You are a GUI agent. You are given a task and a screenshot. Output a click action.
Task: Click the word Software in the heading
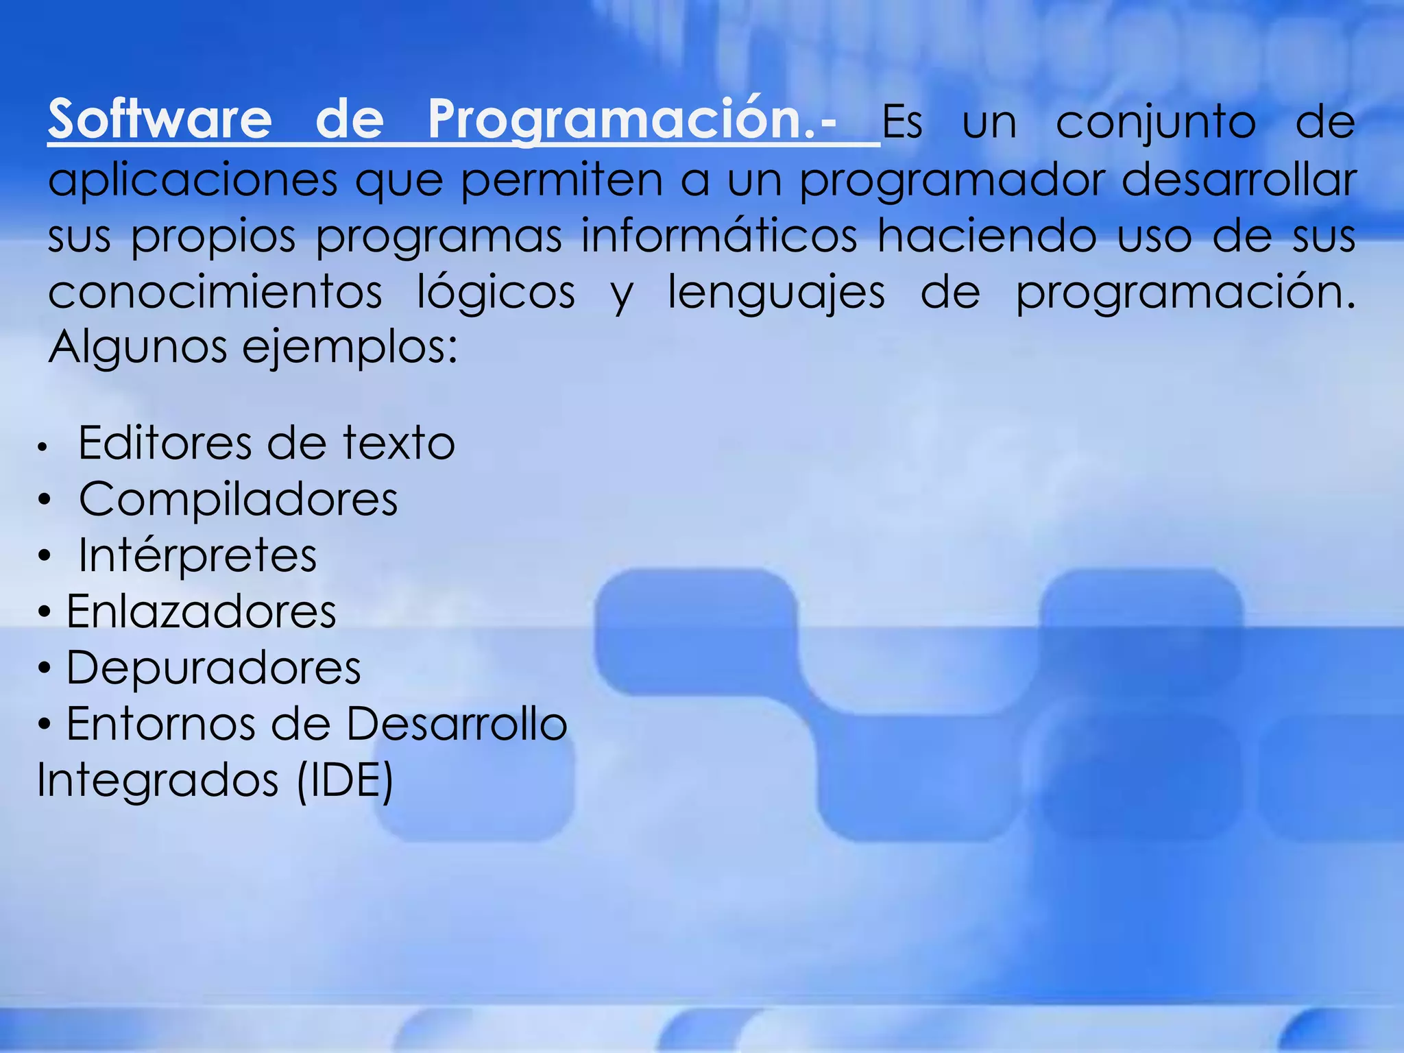(x=160, y=120)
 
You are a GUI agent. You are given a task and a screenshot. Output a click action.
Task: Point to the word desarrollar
(x=1238, y=180)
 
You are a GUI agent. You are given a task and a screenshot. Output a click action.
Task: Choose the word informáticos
(x=719, y=237)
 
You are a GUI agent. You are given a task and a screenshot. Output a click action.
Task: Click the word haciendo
(x=987, y=237)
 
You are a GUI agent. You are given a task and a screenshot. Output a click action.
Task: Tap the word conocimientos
(x=215, y=293)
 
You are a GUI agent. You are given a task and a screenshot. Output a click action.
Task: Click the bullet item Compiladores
(x=238, y=499)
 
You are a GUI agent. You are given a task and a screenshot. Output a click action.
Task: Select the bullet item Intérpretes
(x=197, y=555)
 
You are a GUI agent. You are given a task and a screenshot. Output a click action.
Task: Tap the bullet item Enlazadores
(x=201, y=612)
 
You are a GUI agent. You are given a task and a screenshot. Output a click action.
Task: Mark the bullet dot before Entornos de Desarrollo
(x=45, y=725)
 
